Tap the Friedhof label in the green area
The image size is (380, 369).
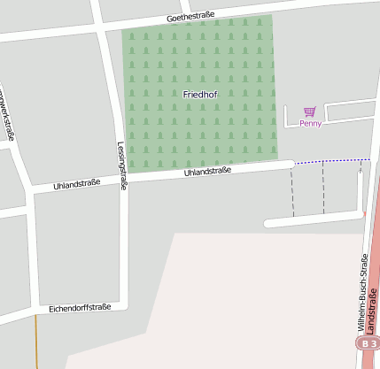point(199,94)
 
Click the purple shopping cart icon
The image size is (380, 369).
point(309,111)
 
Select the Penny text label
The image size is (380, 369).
point(310,123)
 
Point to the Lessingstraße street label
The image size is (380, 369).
point(121,166)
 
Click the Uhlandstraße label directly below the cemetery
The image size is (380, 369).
point(207,172)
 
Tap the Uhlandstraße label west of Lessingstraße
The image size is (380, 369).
point(77,184)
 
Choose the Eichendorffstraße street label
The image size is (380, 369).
point(81,307)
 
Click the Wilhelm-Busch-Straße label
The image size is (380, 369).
point(362,291)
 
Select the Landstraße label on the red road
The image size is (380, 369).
point(372,311)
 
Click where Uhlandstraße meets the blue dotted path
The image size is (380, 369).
point(293,163)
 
